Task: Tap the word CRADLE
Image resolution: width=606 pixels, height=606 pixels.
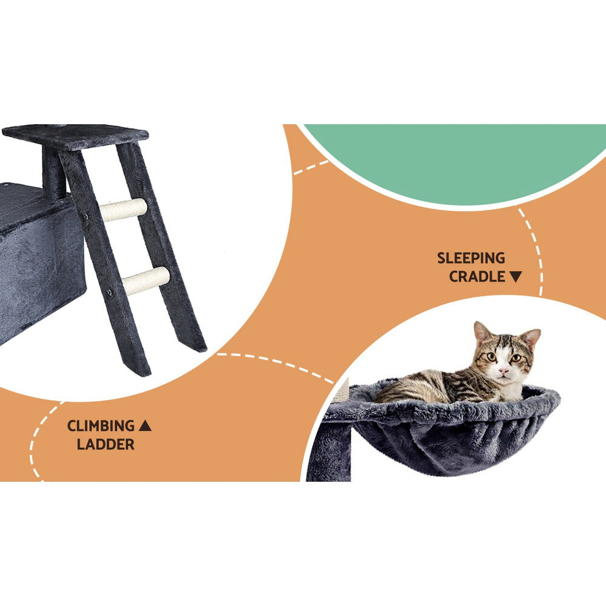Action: (477, 277)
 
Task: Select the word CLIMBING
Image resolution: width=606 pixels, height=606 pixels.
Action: (101, 426)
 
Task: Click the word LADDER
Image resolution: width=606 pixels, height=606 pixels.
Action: (105, 444)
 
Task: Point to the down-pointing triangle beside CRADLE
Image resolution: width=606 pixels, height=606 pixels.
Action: (515, 277)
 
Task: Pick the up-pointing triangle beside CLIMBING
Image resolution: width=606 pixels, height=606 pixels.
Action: (145, 426)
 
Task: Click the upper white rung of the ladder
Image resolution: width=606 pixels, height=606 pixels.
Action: (123, 210)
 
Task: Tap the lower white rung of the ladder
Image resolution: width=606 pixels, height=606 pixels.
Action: (146, 281)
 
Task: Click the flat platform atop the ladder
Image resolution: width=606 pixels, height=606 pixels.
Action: (76, 135)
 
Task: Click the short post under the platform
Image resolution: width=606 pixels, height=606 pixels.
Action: (53, 173)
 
